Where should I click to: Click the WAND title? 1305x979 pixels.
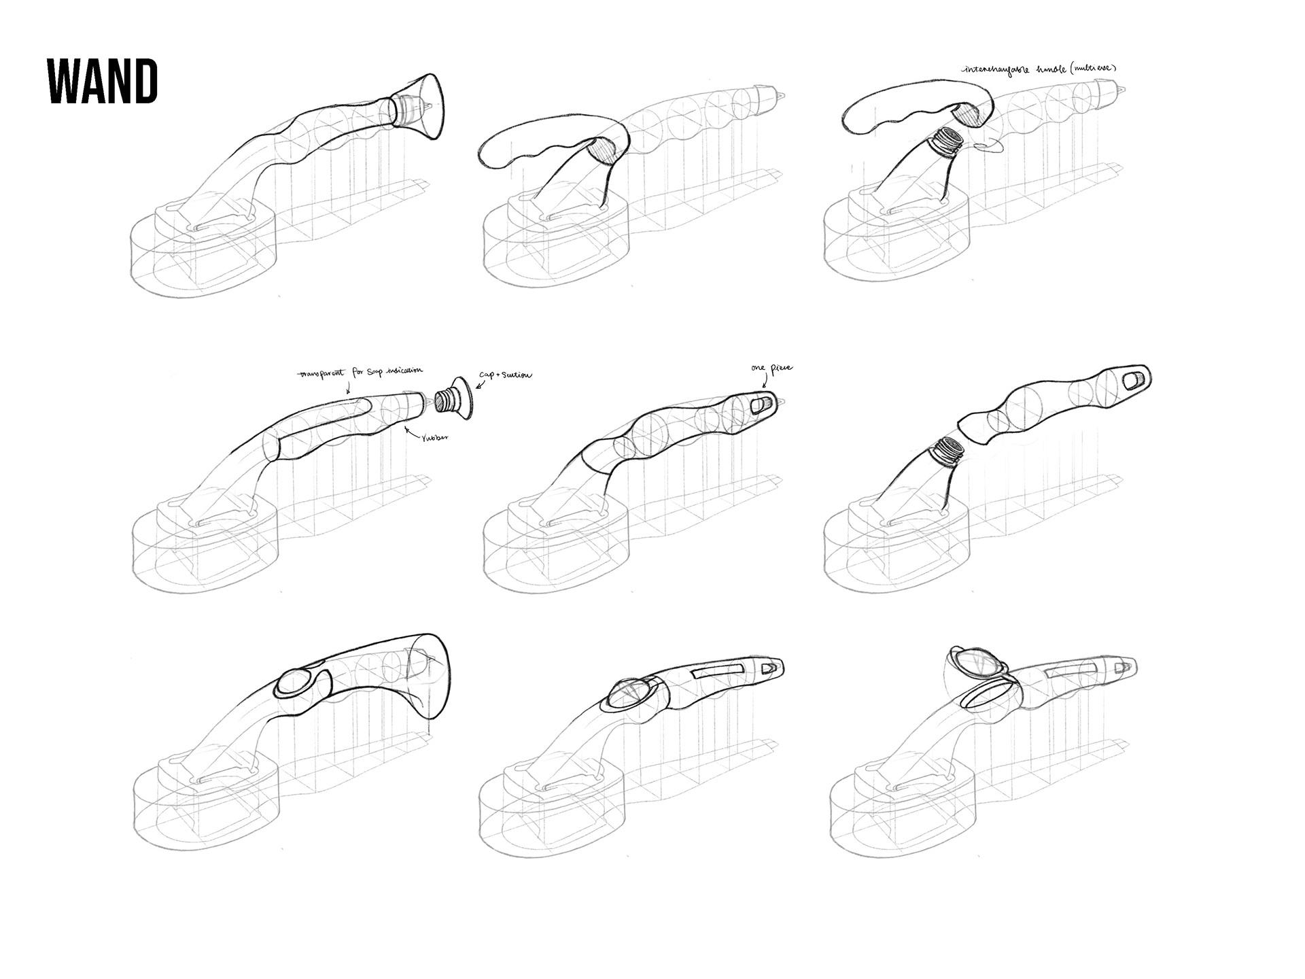[x=103, y=81]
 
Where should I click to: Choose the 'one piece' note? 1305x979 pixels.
[x=771, y=368]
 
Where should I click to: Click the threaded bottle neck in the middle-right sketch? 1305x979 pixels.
[x=945, y=452]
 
